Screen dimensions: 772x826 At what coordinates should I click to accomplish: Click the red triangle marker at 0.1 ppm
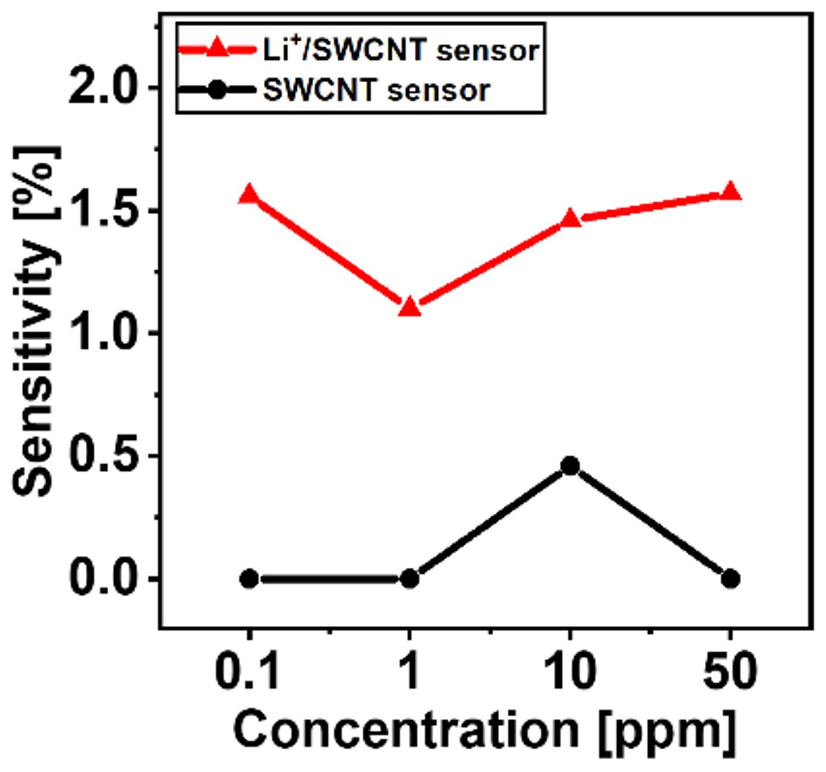coord(249,194)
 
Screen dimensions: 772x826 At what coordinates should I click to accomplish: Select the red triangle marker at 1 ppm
coord(410,307)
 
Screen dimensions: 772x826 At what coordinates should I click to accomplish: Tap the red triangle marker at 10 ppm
coord(570,218)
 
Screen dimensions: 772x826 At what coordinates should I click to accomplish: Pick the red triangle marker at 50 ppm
coord(730,191)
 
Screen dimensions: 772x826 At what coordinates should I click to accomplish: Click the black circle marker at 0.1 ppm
coord(249,579)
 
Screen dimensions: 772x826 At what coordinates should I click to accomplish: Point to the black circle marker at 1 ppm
coord(410,579)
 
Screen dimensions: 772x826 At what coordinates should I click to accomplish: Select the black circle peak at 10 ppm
coord(570,466)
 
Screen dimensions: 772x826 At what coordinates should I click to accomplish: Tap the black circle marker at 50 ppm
coord(730,579)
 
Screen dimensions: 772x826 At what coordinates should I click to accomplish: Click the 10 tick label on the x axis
coord(570,671)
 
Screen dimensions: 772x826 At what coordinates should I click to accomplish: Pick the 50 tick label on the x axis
coord(730,671)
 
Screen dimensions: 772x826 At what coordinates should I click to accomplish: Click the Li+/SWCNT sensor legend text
coord(401,50)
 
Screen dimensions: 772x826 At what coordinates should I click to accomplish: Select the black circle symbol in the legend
coord(217,90)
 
